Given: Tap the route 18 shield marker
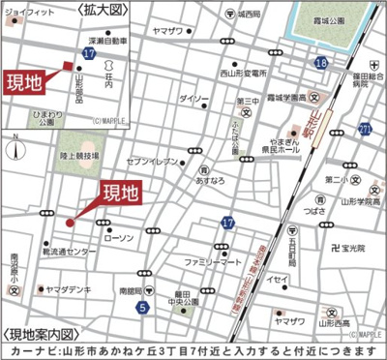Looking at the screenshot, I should [x=321, y=63].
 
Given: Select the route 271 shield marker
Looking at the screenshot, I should [x=364, y=129].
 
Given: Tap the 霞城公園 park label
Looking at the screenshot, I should [x=338, y=17].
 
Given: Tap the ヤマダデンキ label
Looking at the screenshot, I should [x=67, y=289].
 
